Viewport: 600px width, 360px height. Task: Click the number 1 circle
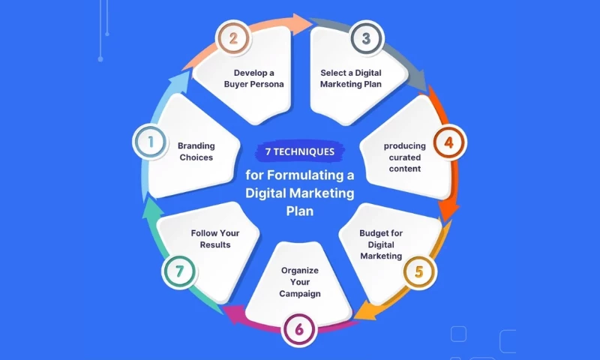[149, 141]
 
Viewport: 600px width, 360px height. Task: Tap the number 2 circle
[233, 38]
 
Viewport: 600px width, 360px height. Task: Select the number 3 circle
[365, 38]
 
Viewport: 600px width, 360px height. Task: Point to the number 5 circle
[418, 273]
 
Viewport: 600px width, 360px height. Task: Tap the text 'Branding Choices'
[196, 151]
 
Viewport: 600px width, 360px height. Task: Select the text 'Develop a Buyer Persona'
[253, 78]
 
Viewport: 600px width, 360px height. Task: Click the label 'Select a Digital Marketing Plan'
[350, 78]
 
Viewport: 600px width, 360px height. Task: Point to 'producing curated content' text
[405, 157]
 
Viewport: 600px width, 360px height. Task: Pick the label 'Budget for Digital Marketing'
[381, 244]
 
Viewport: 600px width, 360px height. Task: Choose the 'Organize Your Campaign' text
[300, 281]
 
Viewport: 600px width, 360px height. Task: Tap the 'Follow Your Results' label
[215, 238]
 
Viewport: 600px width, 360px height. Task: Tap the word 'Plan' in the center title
[299, 211]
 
